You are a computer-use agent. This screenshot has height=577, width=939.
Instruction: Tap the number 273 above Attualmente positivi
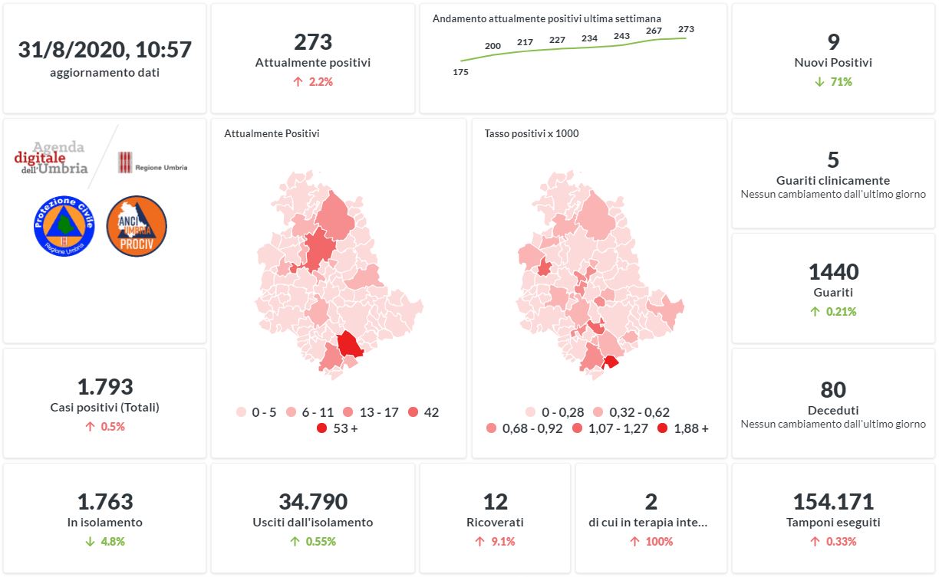point(313,41)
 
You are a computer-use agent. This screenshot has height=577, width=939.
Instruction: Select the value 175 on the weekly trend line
point(460,72)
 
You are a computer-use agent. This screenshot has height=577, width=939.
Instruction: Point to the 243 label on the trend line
point(621,36)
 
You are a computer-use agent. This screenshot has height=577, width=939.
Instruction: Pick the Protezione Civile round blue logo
point(64,226)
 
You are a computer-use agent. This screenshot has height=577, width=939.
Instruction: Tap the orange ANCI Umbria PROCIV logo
point(137,226)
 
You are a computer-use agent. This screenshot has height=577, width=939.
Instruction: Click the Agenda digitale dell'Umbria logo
point(51,158)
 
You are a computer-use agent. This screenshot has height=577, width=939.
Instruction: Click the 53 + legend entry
point(338,428)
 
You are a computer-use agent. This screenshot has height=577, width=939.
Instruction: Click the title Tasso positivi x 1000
point(532,133)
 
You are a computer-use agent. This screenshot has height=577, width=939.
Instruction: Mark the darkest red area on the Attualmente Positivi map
point(350,343)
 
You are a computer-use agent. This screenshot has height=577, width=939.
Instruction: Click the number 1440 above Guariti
point(833,271)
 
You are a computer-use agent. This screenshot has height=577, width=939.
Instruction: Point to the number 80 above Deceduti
point(833,389)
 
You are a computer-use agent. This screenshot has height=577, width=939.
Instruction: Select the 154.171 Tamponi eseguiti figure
point(833,502)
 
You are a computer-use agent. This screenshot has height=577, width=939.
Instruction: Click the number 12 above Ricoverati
point(496,502)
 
